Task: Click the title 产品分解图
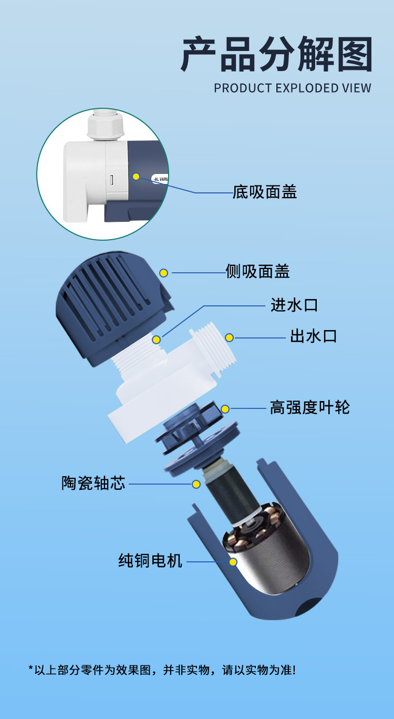pyautogui.click(x=276, y=54)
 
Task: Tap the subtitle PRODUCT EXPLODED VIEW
pyautogui.click(x=293, y=88)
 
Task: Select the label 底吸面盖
pyautogui.click(x=265, y=192)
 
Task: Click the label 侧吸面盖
pyautogui.click(x=257, y=271)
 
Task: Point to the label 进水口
pyautogui.click(x=294, y=305)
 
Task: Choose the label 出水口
pyautogui.click(x=313, y=336)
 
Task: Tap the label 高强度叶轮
pyautogui.click(x=309, y=407)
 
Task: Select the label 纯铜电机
pyautogui.click(x=150, y=561)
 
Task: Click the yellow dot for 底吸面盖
pyautogui.click(x=137, y=177)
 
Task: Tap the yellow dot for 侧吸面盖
pyautogui.click(x=164, y=273)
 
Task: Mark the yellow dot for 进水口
pyautogui.click(x=156, y=340)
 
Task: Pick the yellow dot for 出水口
pyautogui.click(x=230, y=337)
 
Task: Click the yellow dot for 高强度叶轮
pyautogui.click(x=225, y=408)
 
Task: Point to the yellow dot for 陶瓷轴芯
pyautogui.click(x=196, y=484)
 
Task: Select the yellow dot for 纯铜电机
pyautogui.click(x=233, y=562)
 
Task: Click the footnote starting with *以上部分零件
pyautogui.click(x=162, y=670)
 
